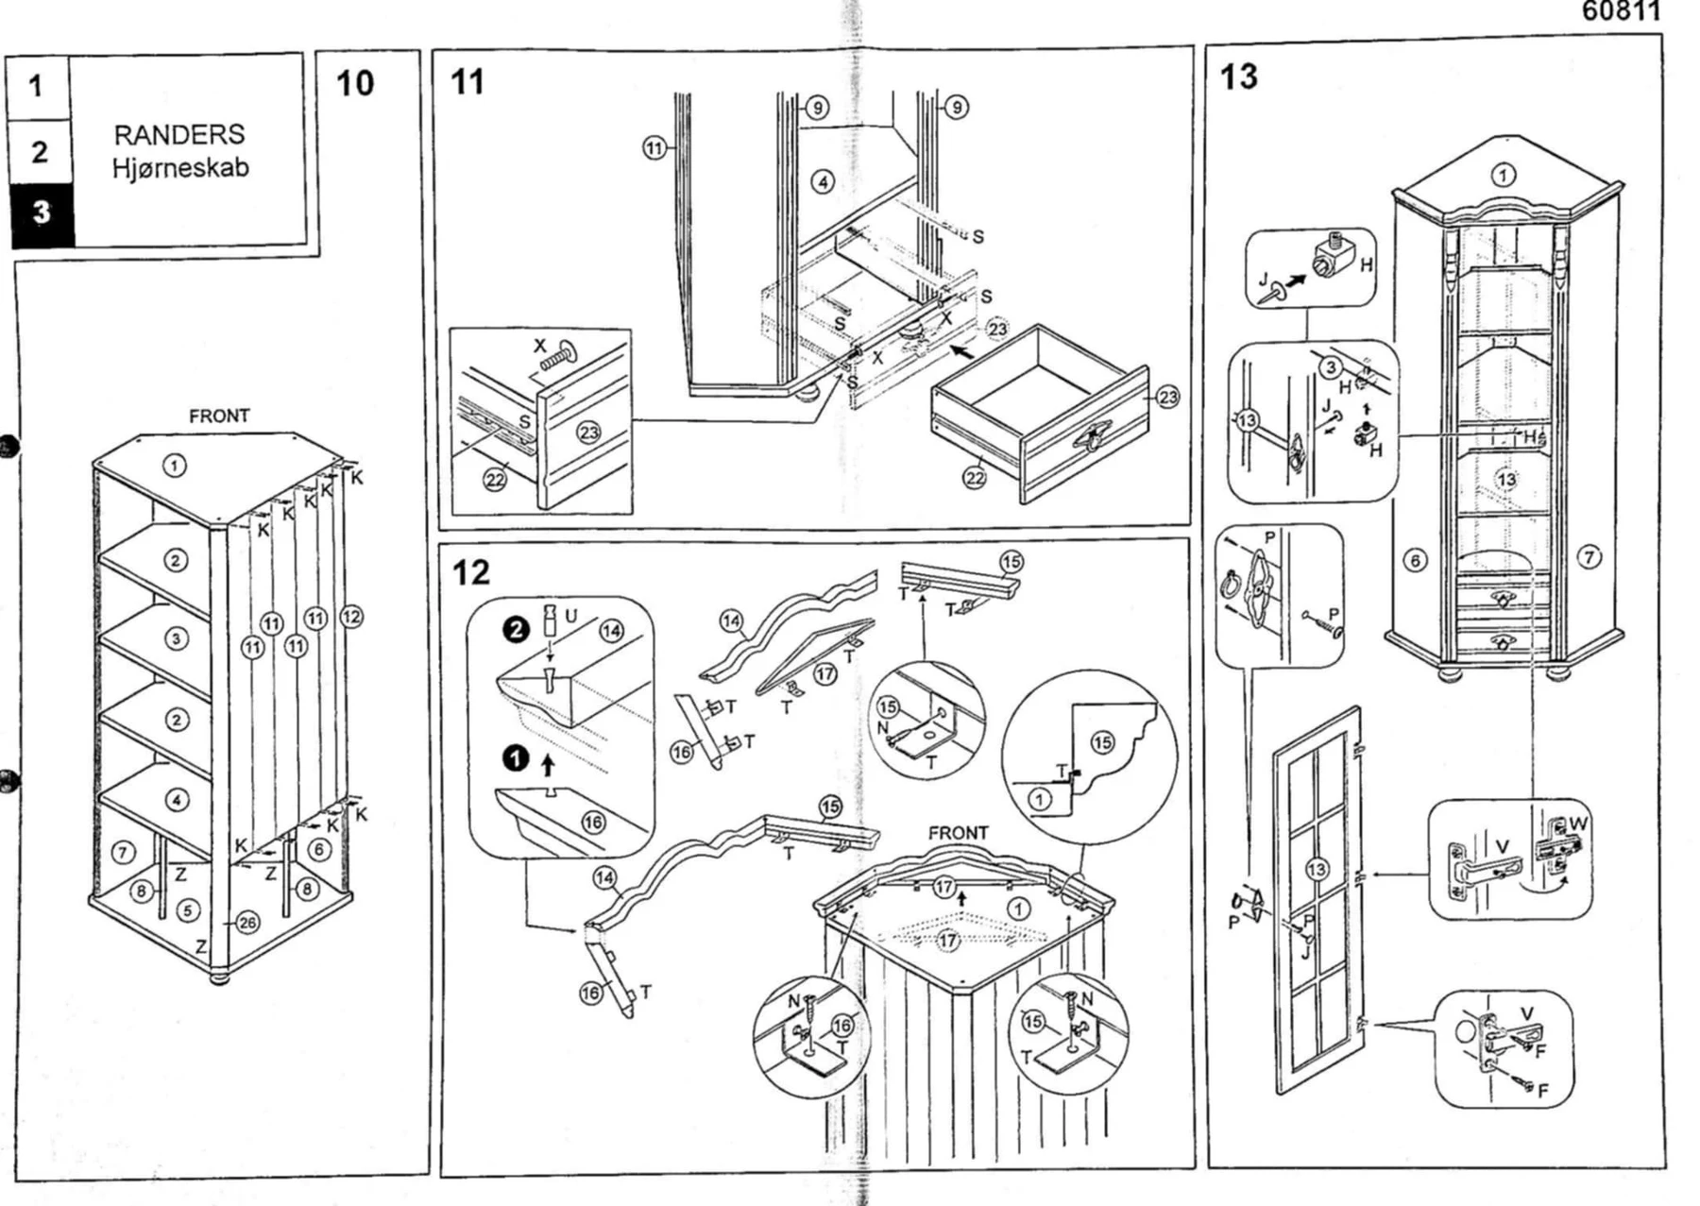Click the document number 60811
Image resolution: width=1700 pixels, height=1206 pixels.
tap(1621, 11)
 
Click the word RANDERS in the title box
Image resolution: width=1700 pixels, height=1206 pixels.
tap(179, 134)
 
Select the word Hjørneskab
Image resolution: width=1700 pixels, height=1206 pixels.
tap(180, 168)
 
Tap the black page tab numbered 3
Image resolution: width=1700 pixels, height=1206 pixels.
tap(41, 212)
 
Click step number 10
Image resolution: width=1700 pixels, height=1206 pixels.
tap(355, 83)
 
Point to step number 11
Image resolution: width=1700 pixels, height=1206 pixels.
tap(467, 82)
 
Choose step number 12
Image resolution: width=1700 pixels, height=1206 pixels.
tap(471, 572)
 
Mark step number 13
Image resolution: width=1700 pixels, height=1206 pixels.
tap(1238, 76)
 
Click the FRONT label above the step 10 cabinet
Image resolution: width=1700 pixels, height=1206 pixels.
tap(219, 416)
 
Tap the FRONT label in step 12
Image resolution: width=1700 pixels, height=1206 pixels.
tap(958, 833)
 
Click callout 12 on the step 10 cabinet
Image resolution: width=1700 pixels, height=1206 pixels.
tap(351, 617)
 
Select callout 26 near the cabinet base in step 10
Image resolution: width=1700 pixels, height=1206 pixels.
tap(247, 922)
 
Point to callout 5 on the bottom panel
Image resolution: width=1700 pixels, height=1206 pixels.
tap(189, 910)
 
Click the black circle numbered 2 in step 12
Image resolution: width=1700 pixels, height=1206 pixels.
tap(516, 629)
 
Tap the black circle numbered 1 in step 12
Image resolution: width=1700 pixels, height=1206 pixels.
tap(516, 757)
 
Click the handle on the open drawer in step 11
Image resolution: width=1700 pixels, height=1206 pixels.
tap(1092, 439)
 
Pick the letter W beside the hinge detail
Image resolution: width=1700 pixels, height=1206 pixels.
tap(1577, 824)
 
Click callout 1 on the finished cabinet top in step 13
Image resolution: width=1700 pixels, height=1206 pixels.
tap(1503, 175)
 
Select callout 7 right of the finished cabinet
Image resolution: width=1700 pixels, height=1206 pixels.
tap(1589, 557)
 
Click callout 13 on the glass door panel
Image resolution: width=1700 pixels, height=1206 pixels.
tap(1317, 870)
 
